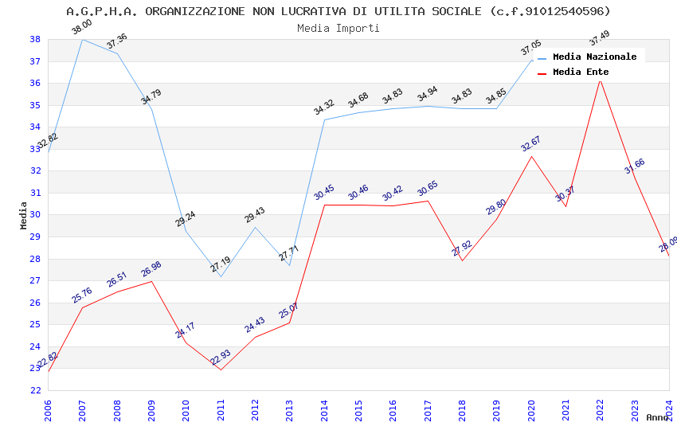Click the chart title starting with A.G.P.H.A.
tap(338, 11)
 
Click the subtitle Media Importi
tap(338, 28)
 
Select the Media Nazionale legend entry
tap(594, 57)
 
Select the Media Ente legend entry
tap(581, 72)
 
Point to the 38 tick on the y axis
tap(35, 39)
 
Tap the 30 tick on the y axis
tap(35, 215)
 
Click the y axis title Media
tap(23, 215)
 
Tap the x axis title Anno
tap(657, 417)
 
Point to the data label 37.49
tap(599, 37)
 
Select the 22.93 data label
tap(221, 358)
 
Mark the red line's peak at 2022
tap(600, 80)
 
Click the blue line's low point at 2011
tap(221, 276)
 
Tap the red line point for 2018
tap(462, 260)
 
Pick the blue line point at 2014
tap(324, 119)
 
